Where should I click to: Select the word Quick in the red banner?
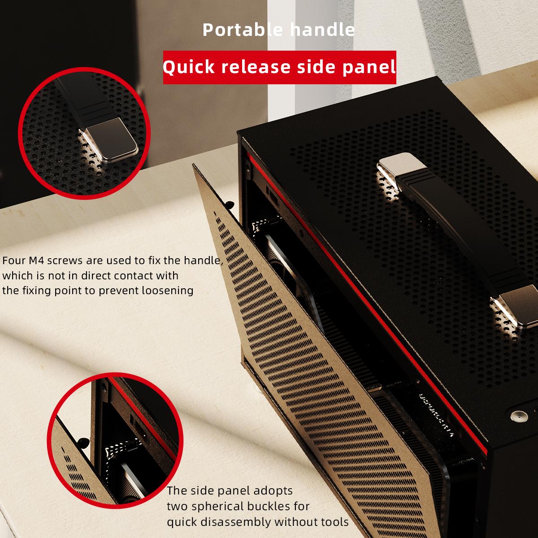[189, 67]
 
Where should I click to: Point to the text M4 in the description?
[36, 260]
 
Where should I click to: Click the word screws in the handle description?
[65, 261]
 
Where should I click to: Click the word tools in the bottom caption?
[335, 522]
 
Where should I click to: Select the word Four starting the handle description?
[14, 260]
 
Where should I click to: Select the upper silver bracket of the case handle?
[402, 169]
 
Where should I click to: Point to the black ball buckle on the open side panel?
[230, 204]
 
